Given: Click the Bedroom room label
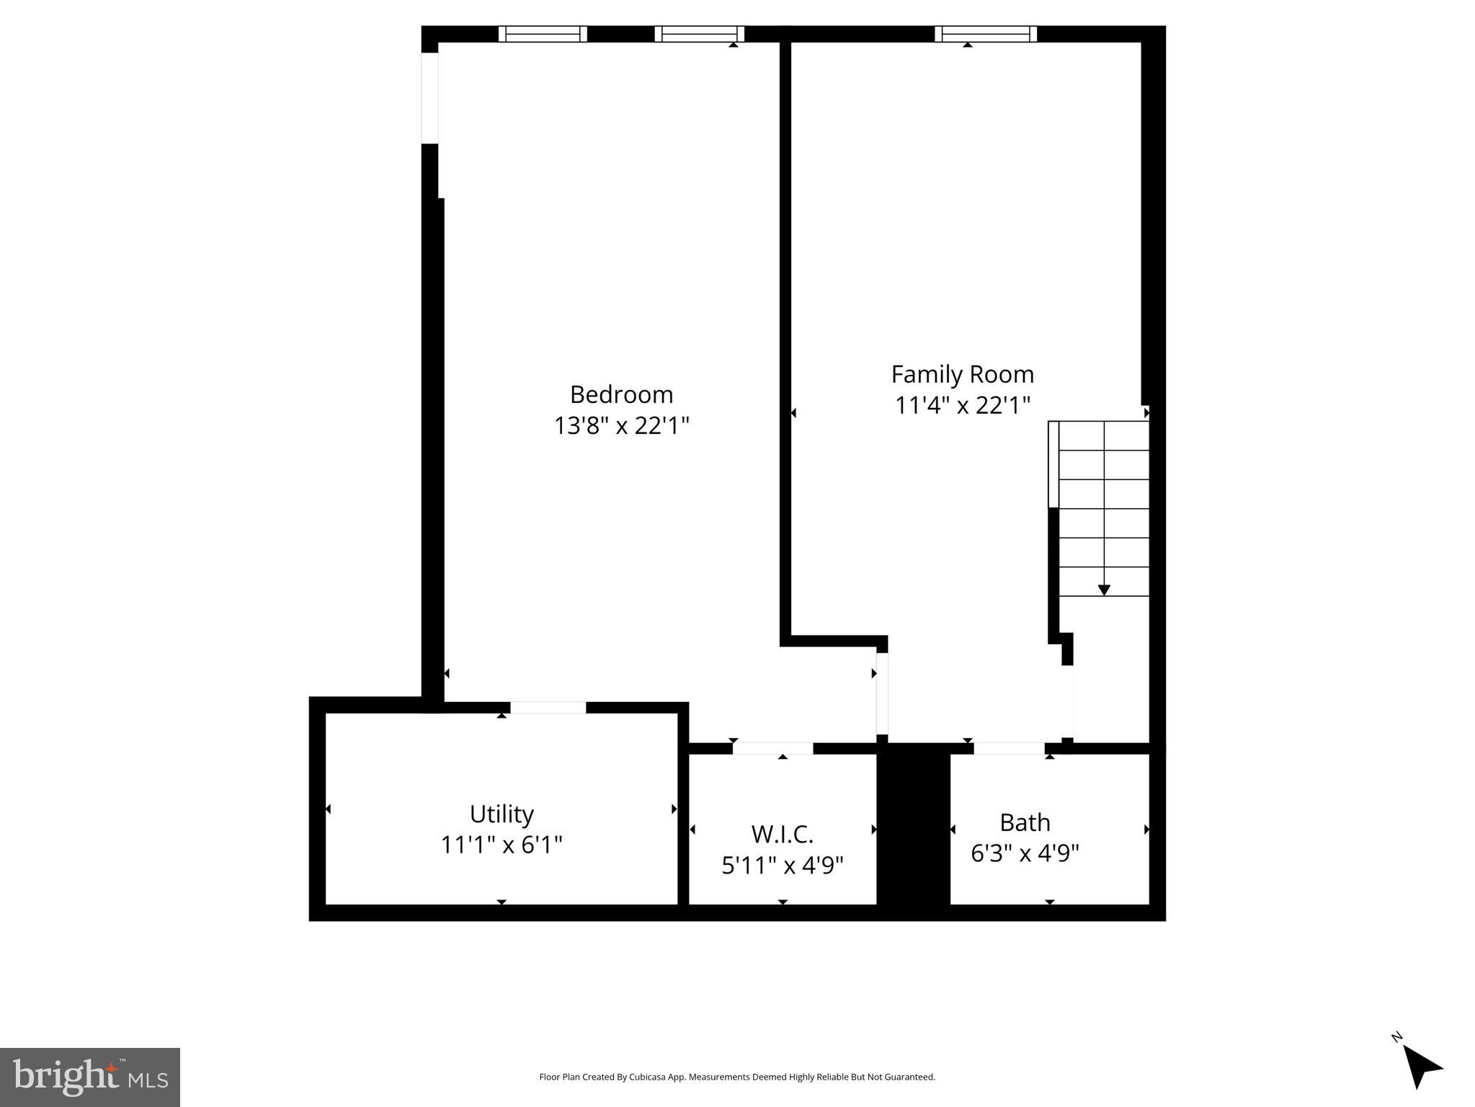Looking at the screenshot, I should point(621,394).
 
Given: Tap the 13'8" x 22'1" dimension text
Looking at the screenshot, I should point(621,426).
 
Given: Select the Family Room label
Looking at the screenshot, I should point(962,374).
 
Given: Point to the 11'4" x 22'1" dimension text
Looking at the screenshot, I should point(962,406).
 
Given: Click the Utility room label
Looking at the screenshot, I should point(502,814).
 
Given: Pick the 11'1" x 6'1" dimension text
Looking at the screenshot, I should point(502,845).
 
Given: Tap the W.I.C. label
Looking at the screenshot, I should point(783,834).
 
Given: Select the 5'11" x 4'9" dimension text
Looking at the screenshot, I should point(783,865).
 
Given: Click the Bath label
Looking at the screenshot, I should point(1025,822).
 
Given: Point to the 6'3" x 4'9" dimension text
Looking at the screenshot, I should point(1025,853).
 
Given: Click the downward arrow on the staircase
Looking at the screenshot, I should point(1104,590).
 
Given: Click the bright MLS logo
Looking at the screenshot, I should point(90,1077).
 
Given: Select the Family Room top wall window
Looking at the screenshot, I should point(986,34).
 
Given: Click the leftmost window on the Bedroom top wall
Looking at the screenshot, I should point(543,34).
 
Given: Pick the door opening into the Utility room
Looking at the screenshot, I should point(548,708).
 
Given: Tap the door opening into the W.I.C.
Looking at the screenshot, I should point(772,749).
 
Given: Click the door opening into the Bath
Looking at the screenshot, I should point(1009,749).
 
